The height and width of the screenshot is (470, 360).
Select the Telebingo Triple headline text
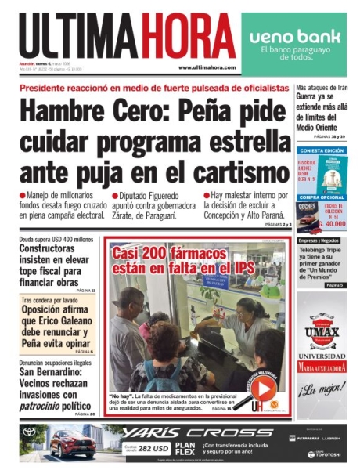click(x=321, y=255)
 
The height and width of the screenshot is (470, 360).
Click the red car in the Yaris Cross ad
click(x=72, y=443)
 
